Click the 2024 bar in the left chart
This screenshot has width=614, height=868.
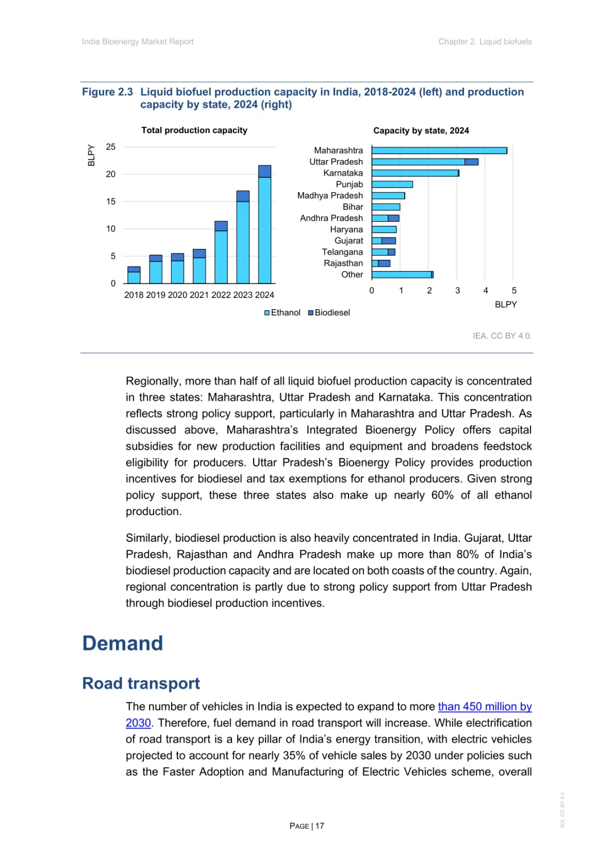264,225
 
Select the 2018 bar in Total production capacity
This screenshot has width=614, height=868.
134,275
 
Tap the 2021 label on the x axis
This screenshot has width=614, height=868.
199,295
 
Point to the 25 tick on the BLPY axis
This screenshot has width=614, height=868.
111,147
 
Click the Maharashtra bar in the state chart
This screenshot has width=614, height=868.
439,151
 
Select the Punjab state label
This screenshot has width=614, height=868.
349,184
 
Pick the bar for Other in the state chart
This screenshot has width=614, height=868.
402,275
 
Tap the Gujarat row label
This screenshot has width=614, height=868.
349,240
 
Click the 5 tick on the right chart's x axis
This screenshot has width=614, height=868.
514,290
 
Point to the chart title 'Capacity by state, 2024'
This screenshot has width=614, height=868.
421,131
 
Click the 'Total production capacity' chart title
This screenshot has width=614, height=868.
194,130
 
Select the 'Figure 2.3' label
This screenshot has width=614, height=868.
107,92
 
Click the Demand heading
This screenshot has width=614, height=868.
123,643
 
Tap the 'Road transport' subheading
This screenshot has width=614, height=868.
141,683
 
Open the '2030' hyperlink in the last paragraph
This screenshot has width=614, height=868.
138,723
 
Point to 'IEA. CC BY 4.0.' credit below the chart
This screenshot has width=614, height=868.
502,336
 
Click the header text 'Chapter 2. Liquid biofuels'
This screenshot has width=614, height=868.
485,41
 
